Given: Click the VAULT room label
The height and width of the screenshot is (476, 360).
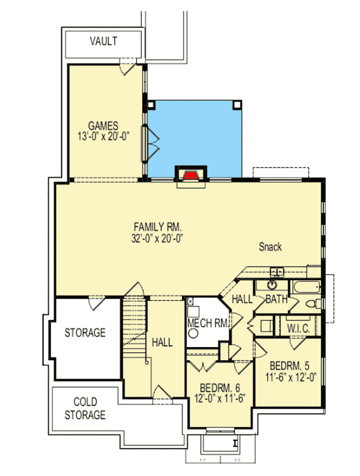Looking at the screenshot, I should pyautogui.click(x=104, y=41).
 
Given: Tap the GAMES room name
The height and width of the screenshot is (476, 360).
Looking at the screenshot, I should pyautogui.click(x=103, y=125).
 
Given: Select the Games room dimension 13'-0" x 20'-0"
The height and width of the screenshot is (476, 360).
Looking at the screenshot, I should pyautogui.click(x=103, y=136).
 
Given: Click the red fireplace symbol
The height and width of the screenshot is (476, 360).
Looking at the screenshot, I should pyautogui.click(x=190, y=174).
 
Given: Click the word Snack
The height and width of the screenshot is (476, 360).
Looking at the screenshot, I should pyautogui.click(x=270, y=247).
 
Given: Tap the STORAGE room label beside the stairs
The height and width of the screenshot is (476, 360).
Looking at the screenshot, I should pyautogui.click(x=85, y=333).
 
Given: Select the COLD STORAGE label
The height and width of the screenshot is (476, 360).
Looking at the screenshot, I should pyautogui.click(x=85, y=408).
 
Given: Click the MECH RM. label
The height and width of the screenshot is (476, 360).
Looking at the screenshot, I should pyautogui.click(x=208, y=323).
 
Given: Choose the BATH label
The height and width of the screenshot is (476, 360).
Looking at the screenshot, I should pyautogui.click(x=276, y=299).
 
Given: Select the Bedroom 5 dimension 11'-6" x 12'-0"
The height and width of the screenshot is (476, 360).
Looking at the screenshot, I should pyautogui.click(x=290, y=377).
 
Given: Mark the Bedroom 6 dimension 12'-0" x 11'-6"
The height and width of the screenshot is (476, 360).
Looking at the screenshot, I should pyautogui.click(x=219, y=398).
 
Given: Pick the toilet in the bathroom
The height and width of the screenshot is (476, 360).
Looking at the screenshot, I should pyautogui.click(x=310, y=304).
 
